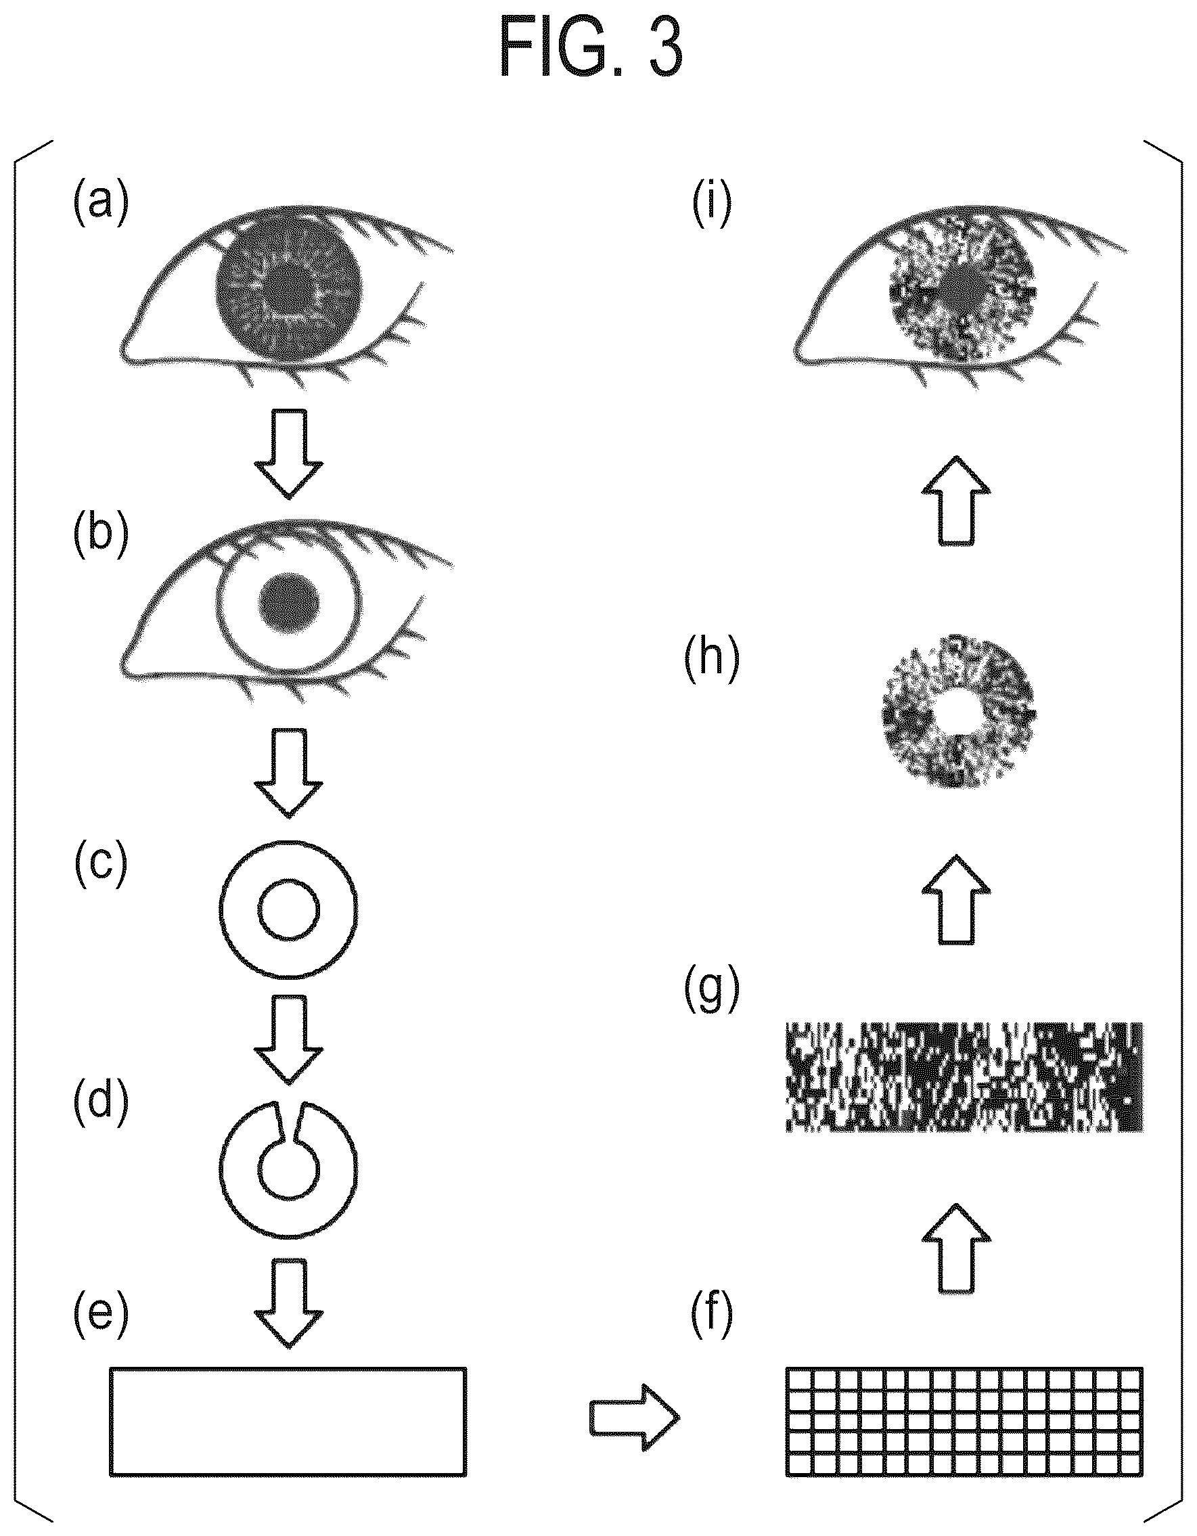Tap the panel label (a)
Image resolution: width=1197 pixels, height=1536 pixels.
coord(101,202)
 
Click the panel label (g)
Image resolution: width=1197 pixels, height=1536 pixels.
coord(712,989)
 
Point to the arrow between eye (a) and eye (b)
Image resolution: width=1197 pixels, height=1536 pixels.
coord(289,454)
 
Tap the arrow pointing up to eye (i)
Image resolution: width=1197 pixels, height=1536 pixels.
coord(957,500)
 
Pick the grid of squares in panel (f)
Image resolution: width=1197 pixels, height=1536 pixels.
coord(964,1421)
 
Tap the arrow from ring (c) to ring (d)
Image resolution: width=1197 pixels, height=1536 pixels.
coord(289,1039)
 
